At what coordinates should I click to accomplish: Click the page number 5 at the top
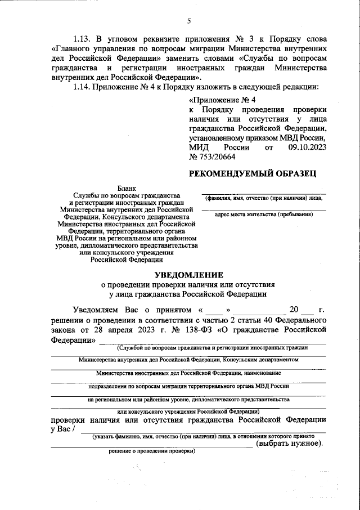(189, 21)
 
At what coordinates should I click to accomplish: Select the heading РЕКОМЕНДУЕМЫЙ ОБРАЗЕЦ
(256, 173)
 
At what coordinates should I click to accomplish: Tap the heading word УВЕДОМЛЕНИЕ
(189, 275)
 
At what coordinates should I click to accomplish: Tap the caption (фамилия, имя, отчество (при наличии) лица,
(263, 199)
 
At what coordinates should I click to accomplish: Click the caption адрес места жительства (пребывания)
(264, 215)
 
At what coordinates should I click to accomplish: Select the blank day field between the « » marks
(213, 310)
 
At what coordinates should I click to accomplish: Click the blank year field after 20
(306, 310)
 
